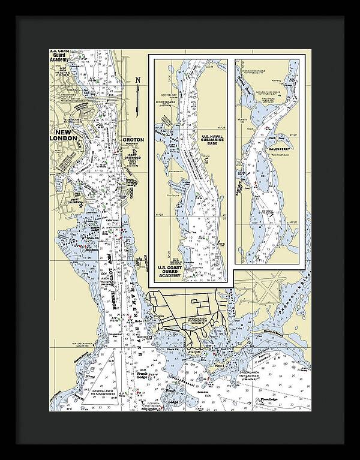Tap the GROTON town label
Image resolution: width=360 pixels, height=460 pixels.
[x=133, y=140]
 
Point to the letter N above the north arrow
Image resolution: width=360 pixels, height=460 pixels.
[x=137, y=80]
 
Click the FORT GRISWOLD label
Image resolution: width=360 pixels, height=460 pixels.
[x=134, y=158]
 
